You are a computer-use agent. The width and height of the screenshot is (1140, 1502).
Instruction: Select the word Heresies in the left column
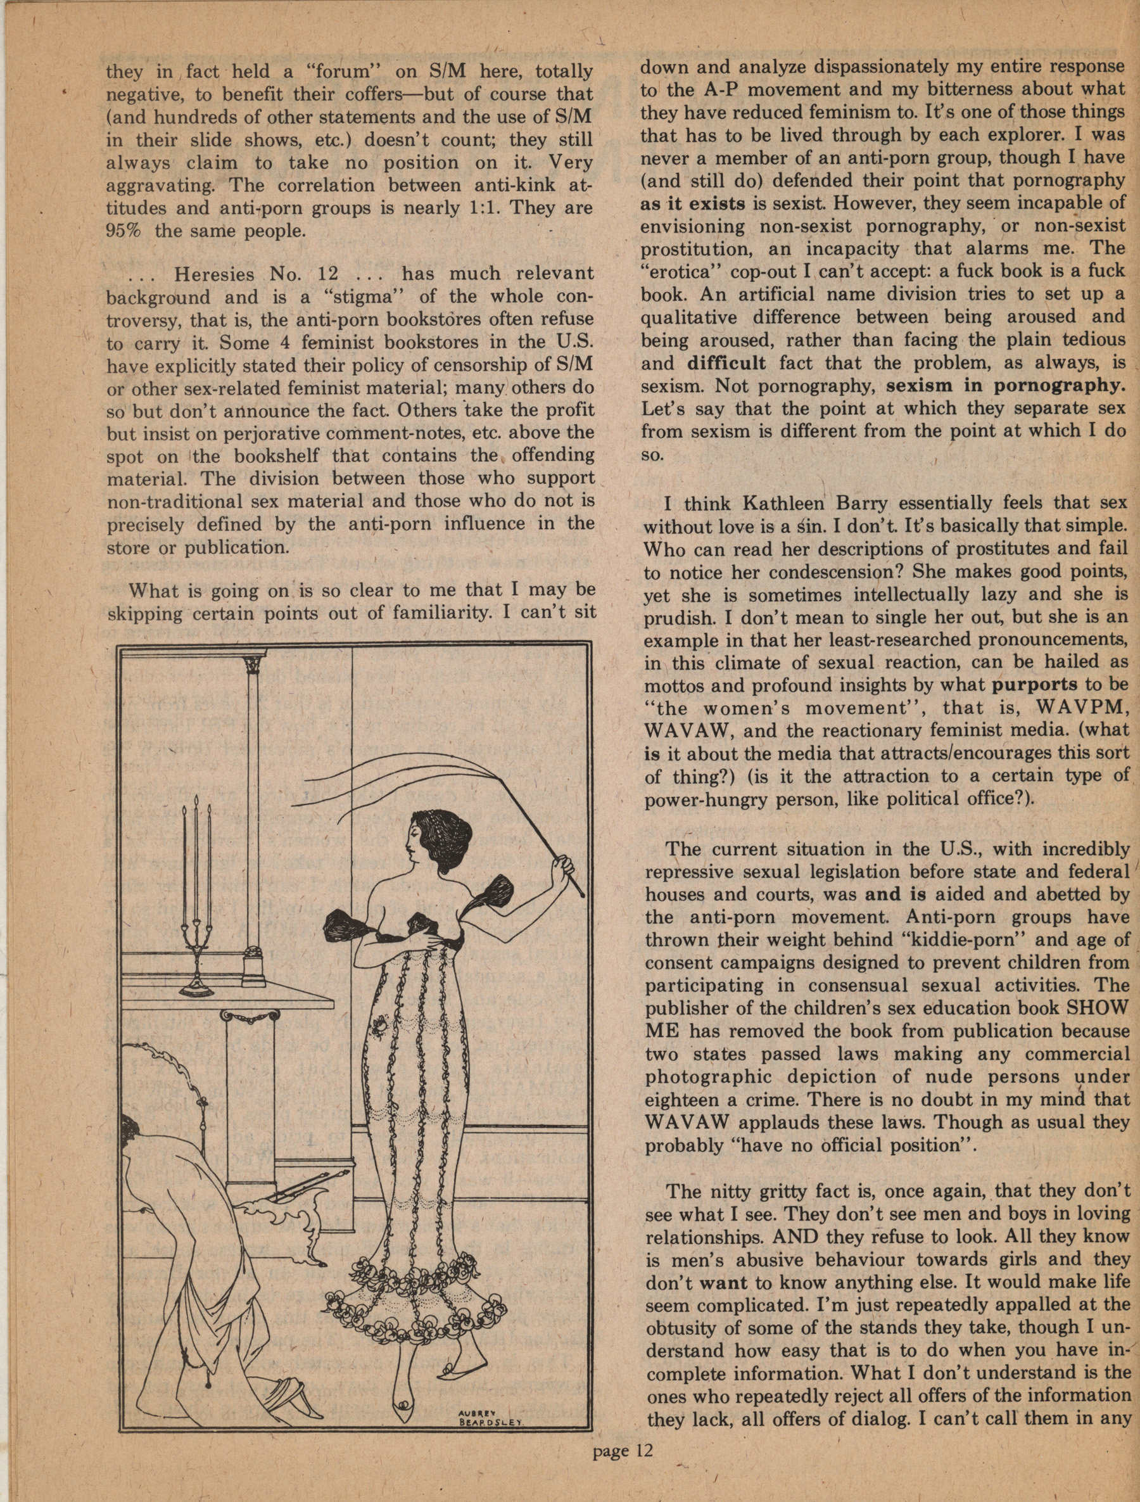click(213, 275)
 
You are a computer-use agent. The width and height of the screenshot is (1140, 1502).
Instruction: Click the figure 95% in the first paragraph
click(124, 230)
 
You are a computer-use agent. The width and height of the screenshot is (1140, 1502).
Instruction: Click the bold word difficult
click(726, 362)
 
